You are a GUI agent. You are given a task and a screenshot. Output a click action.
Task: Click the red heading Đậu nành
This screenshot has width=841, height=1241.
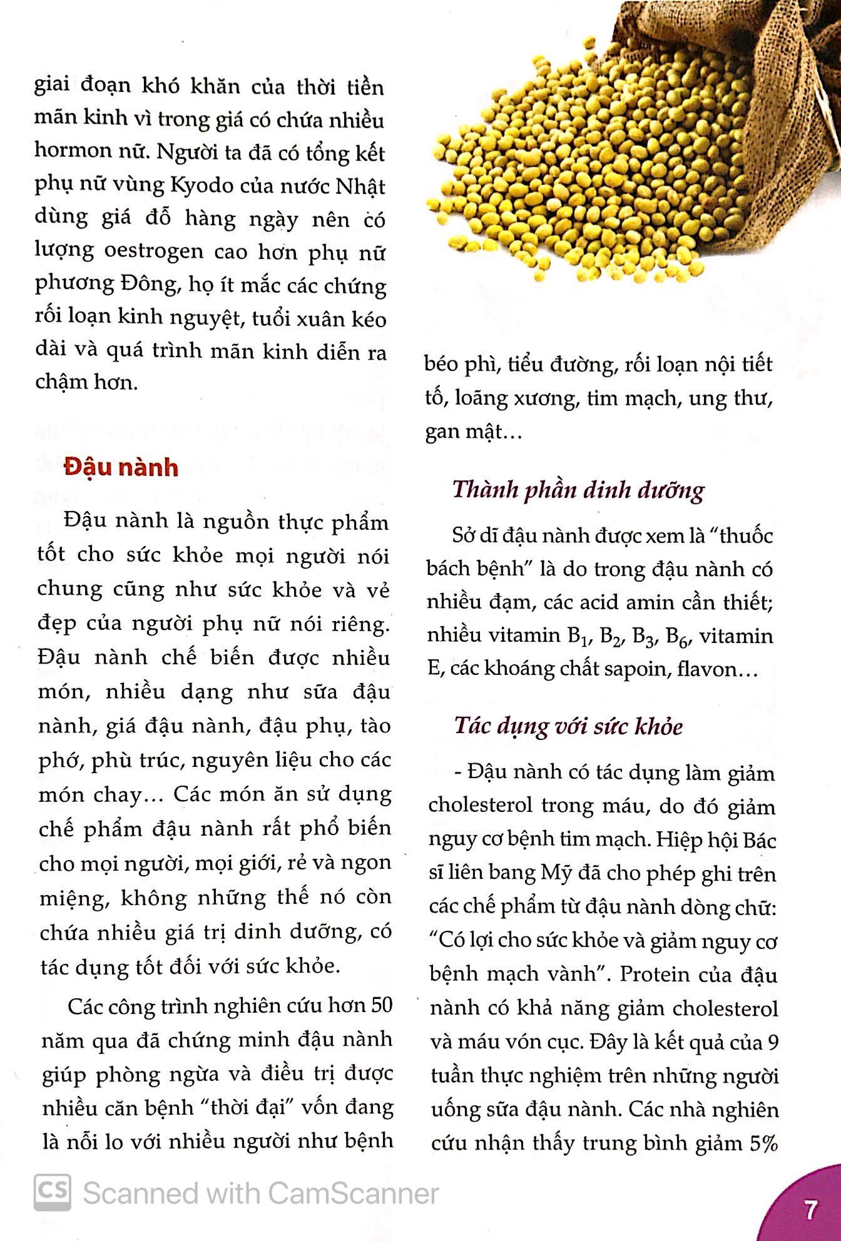pos(121,468)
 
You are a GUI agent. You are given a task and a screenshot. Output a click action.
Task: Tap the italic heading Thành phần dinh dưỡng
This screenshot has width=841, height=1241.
pos(578,490)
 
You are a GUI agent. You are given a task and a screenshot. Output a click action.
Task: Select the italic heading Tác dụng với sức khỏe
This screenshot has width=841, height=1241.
pos(568,726)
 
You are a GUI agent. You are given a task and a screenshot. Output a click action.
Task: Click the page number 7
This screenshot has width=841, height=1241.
pos(810,1210)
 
